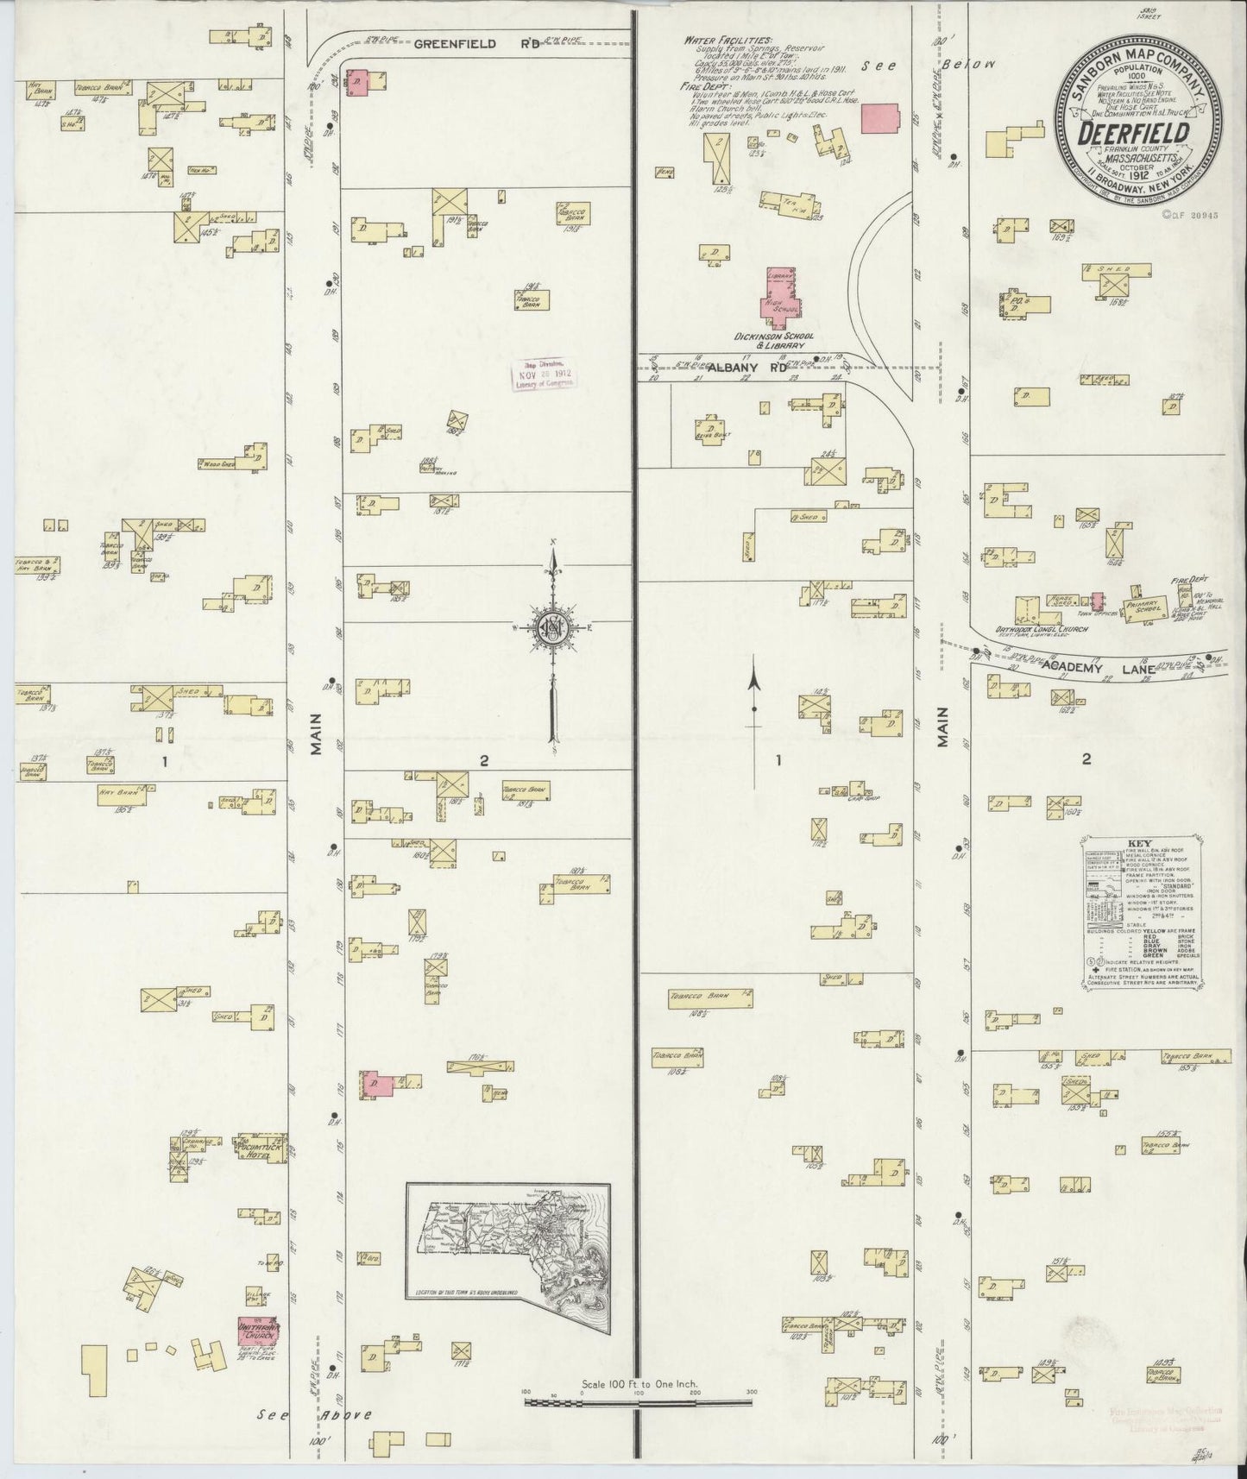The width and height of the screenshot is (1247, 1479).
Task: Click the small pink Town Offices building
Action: [x=1097, y=601]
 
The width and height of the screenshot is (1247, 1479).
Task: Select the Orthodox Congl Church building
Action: [x=1027, y=612]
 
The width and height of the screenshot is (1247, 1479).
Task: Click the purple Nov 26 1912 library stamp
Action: [x=544, y=374]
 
